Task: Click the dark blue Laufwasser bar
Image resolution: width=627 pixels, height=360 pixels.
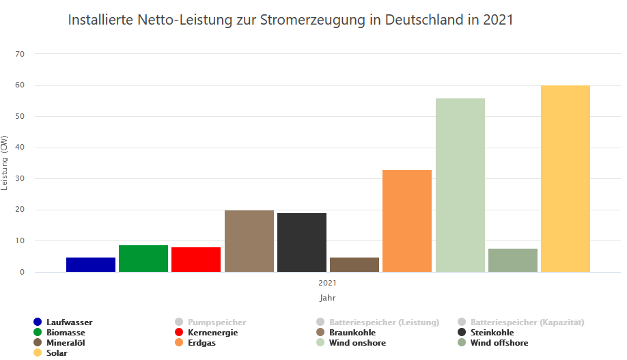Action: point(91,264)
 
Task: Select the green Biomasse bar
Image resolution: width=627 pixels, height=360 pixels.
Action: point(143,258)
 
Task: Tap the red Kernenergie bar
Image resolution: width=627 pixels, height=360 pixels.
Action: point(196,260)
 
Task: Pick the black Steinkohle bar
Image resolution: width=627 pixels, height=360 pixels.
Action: point(302,243)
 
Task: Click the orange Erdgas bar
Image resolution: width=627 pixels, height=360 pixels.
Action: point(407,221)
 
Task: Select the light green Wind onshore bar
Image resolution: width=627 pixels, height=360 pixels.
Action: point(460,185)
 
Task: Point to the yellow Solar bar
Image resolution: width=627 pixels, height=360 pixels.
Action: point(566,178)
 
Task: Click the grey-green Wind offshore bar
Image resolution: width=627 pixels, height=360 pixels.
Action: point(513,260)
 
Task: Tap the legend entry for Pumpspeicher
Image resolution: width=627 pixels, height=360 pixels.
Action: point(217,322)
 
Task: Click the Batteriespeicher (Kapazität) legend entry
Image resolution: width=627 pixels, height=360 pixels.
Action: point(527,322)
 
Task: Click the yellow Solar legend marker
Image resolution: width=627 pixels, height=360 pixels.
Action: point(38,353)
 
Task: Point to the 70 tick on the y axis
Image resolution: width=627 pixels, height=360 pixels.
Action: point(19,54)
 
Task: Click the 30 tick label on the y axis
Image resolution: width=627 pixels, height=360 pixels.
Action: point(19,179)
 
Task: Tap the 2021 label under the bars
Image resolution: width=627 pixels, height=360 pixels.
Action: point(328,281)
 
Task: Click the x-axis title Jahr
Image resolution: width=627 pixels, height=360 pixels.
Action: point(328,298)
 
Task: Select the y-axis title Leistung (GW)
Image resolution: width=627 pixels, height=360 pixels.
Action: point(5,163)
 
